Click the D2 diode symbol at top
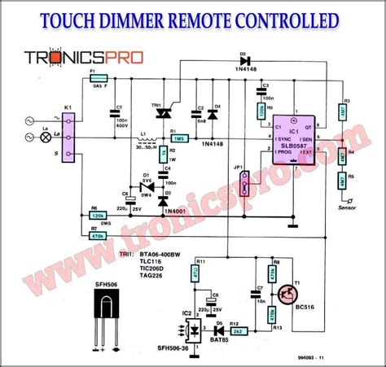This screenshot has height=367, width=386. [x=243, y=60]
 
